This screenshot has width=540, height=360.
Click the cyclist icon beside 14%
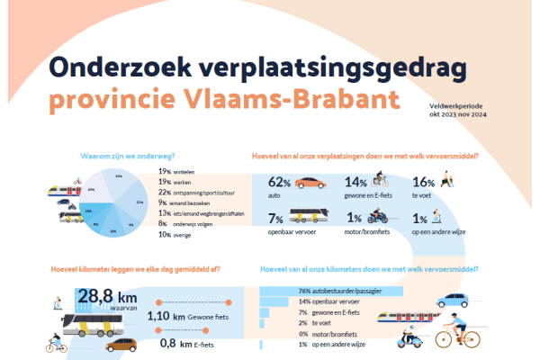coord(381,180)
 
